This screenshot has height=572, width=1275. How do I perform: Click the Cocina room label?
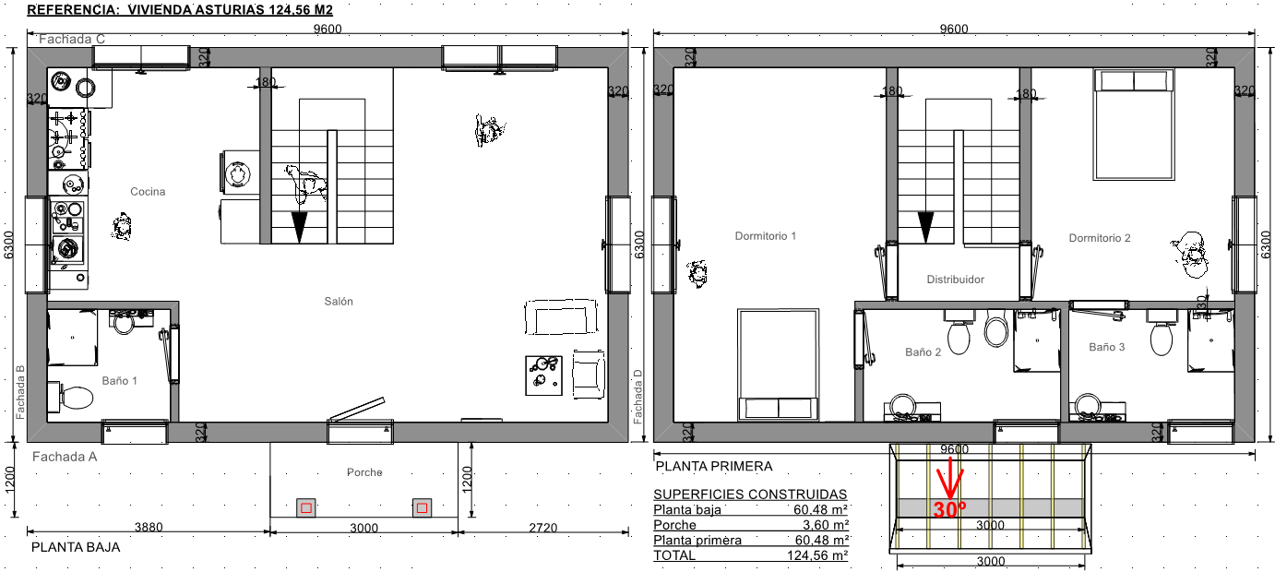148,192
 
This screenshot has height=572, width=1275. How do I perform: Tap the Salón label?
339,302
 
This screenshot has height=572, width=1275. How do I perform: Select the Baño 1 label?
120,381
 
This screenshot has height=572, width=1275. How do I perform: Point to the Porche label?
364,472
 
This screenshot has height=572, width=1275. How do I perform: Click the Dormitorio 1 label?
765,236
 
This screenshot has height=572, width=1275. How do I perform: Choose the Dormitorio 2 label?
1099,238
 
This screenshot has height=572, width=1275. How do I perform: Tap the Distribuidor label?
955,280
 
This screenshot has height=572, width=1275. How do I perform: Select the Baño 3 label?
1106,347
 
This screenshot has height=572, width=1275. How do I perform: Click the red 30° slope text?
949,509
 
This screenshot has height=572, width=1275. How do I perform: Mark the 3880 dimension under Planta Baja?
149,527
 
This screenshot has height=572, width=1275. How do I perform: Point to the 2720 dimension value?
543,528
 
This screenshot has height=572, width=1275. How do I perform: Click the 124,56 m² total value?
817,555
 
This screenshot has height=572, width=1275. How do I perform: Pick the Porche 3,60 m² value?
826,525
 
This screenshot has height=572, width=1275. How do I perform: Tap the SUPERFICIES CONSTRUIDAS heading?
750,494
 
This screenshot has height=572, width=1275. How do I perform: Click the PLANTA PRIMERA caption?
714,466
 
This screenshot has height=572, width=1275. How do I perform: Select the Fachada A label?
65,457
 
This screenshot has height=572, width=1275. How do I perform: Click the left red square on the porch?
306,507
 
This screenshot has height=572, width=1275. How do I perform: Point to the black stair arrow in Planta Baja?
300,227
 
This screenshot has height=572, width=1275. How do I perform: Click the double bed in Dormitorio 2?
1134,125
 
